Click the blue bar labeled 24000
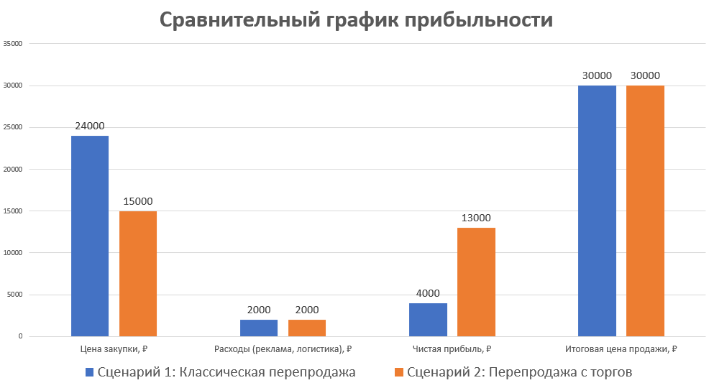click(x=90, y=236)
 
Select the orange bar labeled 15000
click(x=138, y=273)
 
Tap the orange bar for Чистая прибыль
click(x=476, y=282)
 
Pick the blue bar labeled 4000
click(x=428, y=319)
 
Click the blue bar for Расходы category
click(x=259, y=328)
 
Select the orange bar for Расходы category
click(x=307, y=328)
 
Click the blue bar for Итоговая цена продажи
click(x=597, y=211)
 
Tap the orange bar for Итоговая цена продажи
click(x=645, y=211)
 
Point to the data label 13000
click(x=476, y=218)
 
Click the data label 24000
click(x=90, y=126)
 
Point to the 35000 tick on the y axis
click(x=14, y=44)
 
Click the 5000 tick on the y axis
click(x=16, y=295)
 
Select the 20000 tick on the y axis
click(x=14, y=170)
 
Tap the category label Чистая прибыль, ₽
click(x=452, y=349)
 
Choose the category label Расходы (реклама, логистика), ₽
click(x=283, y=349)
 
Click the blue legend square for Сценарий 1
click(x=90, y=372)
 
